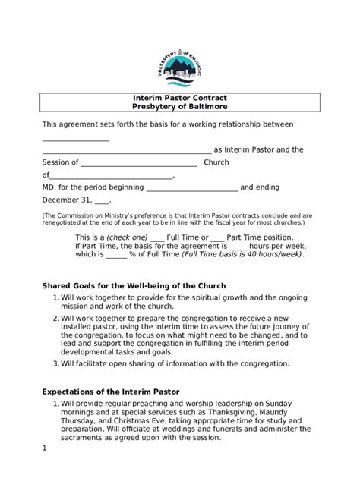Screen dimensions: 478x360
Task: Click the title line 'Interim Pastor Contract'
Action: [x=180, y=99]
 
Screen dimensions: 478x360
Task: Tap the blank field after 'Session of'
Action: [x=138, y=162]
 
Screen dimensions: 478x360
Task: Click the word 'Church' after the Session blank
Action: [x=216, y=162]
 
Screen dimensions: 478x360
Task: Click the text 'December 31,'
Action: [x=66, y=200]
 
